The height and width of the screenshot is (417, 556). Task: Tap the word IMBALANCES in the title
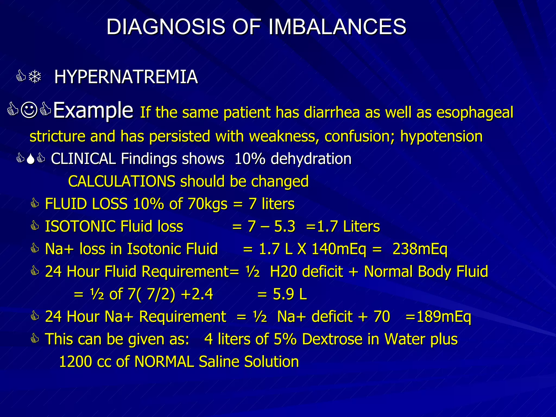pyautogui.click(x=337, y=27)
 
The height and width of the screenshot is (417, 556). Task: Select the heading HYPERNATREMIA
pyautogui.click(x=126, y=77)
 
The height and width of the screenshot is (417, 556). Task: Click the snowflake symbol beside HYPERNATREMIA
pyautogui.click(x=35, y=77)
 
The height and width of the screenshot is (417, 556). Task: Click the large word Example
pyautogui.click(x=93, y=110)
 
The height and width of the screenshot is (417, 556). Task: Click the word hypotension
pyautogui.click(x=441, y=136)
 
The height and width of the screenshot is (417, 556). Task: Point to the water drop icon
pyautogui.click(x=31, y=159)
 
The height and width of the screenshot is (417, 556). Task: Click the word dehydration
pyautogui.click(x=311, y=159)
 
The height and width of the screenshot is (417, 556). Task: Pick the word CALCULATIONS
pyautogui.click(x=122, y=181)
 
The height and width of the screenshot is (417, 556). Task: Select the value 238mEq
pyautogui.click(x=420, y=249)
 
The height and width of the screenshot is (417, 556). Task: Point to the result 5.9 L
pyautogui.click(x=290, y=294)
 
